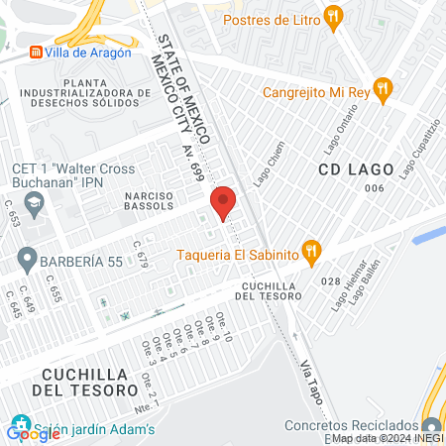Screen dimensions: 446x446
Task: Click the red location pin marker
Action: (x=224, y=202)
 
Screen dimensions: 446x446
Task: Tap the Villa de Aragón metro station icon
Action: (x=36, y=54)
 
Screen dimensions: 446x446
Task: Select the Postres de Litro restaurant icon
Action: (x=334, y=17)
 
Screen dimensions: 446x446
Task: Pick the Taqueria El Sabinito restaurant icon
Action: (x=312, y=253)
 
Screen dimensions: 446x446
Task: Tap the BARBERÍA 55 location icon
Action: (x=25, y=263)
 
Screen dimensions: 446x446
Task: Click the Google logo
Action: (x=33, y=432)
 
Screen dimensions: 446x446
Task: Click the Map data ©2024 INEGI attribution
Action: (x=387, y=439)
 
